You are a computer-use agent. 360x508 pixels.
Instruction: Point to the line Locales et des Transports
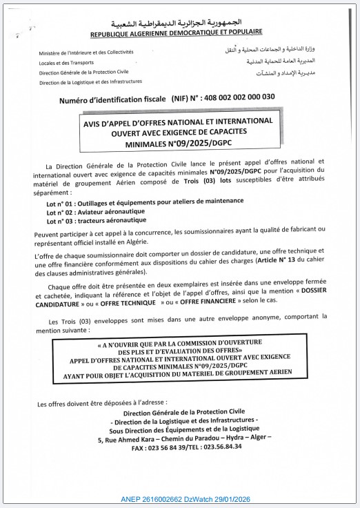click(68, 62)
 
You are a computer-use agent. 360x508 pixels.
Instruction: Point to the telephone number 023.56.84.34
click(221, 447)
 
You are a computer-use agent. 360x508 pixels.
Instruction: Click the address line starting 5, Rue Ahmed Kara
click(185, 438)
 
